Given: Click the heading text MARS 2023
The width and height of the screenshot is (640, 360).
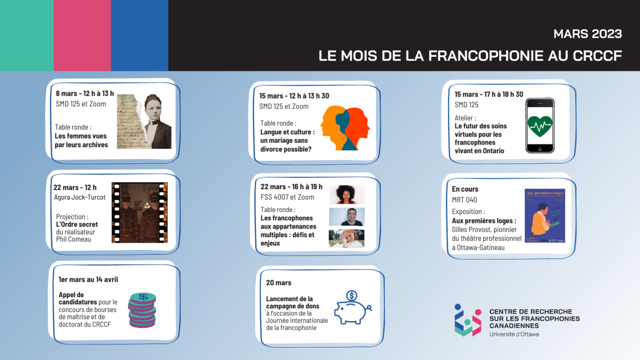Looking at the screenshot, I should click(x=587, y=34).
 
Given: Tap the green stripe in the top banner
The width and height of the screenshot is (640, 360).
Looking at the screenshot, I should click(x=27, y=35).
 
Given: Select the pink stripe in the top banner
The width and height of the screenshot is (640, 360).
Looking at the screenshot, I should click(x=82, y=35).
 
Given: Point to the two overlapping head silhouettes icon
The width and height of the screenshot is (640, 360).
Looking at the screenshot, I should click(x=345, y=128).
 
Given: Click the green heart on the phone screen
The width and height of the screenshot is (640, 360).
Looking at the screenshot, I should click(x=540, y=126).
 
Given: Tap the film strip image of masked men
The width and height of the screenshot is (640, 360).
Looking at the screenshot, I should click(x=140, y=212).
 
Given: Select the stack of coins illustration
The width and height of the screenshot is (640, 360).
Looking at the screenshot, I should click(x=142, y=310).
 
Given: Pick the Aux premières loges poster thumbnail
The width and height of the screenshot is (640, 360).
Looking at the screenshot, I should click(x=545, y=215).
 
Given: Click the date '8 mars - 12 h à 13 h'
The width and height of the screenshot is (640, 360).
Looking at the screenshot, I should click(x=84, y=94).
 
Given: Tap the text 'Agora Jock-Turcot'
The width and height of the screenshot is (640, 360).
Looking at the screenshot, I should click(x=80, y=197).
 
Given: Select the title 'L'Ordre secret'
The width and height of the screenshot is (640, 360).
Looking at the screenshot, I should click(x=77, y=225).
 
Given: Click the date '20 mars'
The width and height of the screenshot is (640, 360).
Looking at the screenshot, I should click(x=279, y=283).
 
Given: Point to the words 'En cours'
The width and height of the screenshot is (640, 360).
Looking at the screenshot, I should click(x=465, y=189).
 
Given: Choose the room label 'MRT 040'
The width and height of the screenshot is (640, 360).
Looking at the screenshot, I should click(x=464, y=200).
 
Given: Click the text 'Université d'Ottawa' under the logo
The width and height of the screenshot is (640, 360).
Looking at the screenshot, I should click(x=514, y=334).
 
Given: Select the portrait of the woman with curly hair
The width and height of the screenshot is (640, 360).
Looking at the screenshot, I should click(x=347, y=195).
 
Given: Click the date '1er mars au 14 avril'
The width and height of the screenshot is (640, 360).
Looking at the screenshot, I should click(x=88, y=279).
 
